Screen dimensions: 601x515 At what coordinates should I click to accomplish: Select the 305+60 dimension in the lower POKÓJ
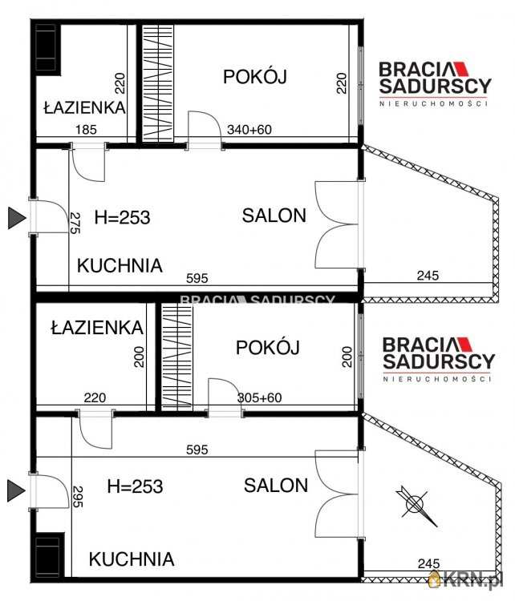click(260, 397)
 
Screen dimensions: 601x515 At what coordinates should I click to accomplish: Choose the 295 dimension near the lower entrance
click(77, 498)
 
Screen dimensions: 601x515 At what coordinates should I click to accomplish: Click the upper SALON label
click(274, 216)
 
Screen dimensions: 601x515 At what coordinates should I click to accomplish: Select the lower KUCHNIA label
click(131, 559)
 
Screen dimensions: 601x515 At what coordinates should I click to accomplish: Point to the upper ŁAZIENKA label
click(84, 107)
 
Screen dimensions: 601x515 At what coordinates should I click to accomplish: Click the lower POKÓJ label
click(267, 348)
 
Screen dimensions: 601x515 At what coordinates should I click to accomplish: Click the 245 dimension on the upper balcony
click(428, 276)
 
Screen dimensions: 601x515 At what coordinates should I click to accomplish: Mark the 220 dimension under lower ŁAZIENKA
click(95, 397)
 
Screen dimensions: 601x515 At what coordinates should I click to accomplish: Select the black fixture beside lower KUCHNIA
click(47, 554)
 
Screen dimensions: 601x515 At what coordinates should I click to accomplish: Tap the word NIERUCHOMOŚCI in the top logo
click(434, 103)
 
